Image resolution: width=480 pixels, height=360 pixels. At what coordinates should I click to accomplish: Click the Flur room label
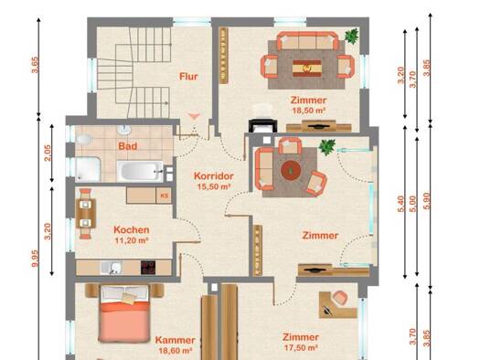coord(188,77)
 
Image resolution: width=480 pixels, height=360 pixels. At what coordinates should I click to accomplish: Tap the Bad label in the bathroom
coord(128,146)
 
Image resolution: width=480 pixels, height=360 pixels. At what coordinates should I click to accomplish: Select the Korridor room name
coord(214,176)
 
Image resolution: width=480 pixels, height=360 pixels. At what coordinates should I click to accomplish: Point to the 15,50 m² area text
coord(214,186)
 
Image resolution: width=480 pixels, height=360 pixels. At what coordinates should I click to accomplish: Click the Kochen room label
coord(132,230)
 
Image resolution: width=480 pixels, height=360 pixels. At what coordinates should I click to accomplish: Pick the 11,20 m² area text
coord(132,240)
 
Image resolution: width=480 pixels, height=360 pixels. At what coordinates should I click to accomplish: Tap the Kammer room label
coord(176,340)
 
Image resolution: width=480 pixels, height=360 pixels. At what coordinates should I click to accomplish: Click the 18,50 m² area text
coord(309,111)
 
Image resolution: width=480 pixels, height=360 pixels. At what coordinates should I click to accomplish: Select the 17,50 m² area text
coord(301,348)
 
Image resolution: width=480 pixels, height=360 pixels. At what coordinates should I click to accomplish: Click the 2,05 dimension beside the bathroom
coord(48,153)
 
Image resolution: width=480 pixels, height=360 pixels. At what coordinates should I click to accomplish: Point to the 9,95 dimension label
coord(35,259)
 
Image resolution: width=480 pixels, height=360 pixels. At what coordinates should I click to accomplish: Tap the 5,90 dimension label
coord(427,201)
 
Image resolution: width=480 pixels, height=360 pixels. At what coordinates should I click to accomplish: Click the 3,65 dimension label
coord(35,65)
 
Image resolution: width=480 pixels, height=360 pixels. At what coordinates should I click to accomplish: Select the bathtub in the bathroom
coord(140,171)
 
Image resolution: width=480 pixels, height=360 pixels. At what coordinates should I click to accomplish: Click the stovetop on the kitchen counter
coord(148,268)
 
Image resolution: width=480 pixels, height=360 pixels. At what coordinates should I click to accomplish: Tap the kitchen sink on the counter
coord(111,268)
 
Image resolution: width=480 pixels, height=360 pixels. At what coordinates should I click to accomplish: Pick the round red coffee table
coord(291,169)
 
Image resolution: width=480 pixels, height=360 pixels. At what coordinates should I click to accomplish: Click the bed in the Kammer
coord(124,313)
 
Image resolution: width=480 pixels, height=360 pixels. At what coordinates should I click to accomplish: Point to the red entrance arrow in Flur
coord(194,116)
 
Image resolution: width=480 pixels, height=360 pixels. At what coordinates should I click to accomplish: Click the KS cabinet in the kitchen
coord(164,196)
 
